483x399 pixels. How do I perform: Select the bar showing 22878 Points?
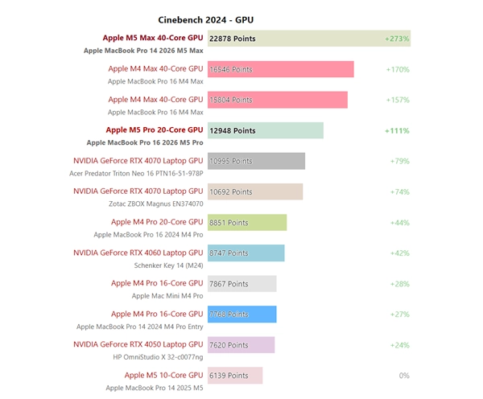click(x=309, y=39)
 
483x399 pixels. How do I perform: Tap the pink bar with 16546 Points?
click(x=280, y=69)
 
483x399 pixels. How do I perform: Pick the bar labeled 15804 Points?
click(x=277, y=100)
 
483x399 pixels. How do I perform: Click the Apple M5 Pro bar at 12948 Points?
click(x=266, y=130)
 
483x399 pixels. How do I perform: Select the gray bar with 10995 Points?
click(x=256, y=161)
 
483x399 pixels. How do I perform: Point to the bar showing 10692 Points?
click(x=255, y=191)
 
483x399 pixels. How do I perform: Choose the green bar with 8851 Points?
click(x=247, y=222)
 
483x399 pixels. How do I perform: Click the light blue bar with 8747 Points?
click(x=246, y=253)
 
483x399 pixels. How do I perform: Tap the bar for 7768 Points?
click(x=242, y=314)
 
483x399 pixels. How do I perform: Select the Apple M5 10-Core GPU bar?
click(x=235, y=375)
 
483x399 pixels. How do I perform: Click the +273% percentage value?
click(x=397, y=39)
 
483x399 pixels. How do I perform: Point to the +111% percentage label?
click(x=397, y=130)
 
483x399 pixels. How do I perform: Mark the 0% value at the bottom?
click(x=404, y=375)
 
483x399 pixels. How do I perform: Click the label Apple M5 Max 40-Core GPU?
click(x=153, y=38)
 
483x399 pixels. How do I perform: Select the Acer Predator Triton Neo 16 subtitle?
click(x=136, y=173)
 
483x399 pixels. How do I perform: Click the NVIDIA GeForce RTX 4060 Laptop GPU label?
click(x=138, y=253)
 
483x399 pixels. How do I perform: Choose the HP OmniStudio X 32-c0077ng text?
click(x=158, y=356)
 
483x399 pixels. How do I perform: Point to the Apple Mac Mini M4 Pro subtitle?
click(x=167, y=295)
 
